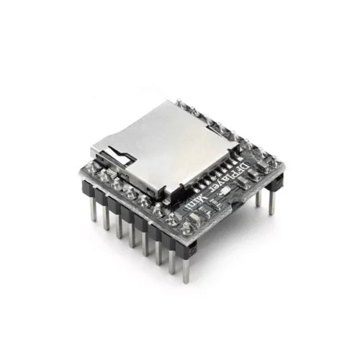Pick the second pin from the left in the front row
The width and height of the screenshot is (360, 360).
[106, 219]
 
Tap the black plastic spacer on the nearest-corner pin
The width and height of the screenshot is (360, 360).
[186, 245]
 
